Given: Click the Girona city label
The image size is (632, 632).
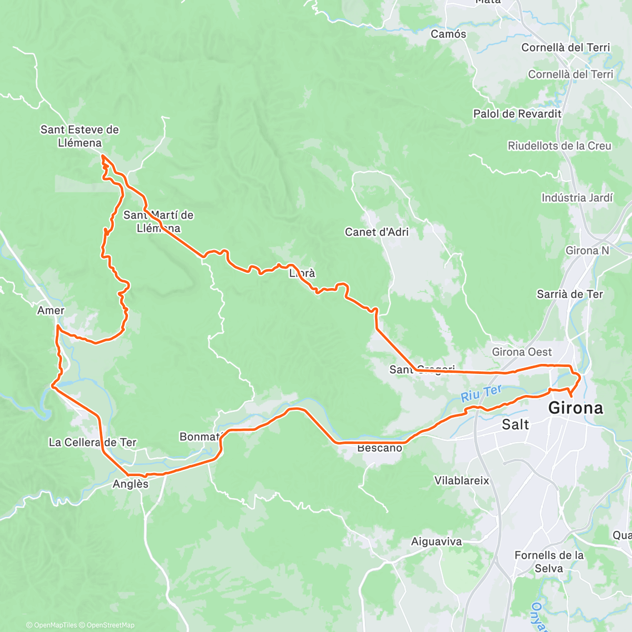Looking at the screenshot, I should click(x=576, y=408).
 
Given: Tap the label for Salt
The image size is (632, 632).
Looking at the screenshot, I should click(x=515, y=424).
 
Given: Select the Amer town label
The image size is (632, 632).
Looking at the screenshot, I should click(x=51, y=311).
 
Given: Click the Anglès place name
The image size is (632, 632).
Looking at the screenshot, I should click(x=131, y=484).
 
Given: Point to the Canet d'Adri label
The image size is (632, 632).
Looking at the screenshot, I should click(x=377, y=232).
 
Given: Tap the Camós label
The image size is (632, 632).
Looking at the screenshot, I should click(x=448, y=34).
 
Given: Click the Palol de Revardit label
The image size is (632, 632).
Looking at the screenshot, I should click(x=517, y=114).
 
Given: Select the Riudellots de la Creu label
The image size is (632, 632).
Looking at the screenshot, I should click(x=559, y=146).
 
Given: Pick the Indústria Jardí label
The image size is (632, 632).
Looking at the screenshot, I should click(x=577, y=198).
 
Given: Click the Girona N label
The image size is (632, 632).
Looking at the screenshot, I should click(x=587, y=251).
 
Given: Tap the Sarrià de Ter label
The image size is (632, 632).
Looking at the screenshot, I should click(x=570, y=294).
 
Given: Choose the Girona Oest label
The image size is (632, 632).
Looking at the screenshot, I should click(x=522, y=352).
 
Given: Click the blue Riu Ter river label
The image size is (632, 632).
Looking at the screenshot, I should click(x=481, y=393).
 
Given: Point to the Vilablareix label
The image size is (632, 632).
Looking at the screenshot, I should click(x=462, y=480).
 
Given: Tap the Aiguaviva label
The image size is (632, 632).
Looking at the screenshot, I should click(x=437, y=541).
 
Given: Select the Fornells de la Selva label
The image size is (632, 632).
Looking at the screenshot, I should click(x=549, y=561).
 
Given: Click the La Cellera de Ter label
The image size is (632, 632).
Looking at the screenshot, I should click(x=92, y=442).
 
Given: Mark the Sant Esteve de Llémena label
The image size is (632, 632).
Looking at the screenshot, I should click(x=80, y=136).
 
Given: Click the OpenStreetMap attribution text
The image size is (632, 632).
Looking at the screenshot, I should click(x=110, y=625).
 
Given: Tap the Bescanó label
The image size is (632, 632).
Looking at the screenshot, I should click(x=379, y=449).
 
